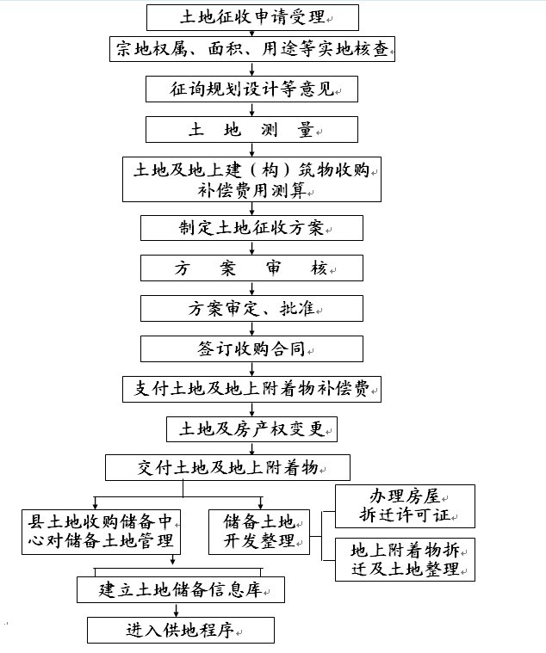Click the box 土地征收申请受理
coord(252,17)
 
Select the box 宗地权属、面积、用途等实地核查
coord(252,49)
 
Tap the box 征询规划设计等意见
coord(251,89)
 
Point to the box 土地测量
coord(251,130)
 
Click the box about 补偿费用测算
coord(251,180)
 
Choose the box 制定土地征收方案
coord(251,228)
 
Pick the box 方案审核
coord(251,268)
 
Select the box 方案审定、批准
coord(251,308)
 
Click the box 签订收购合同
coord(251,348)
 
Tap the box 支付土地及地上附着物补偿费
coord(251,389)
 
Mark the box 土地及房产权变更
coord(251,429)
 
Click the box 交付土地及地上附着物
coord(227,468)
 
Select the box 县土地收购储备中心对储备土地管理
coord(101,532)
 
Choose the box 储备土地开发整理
coord(259,532)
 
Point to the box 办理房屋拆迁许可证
coord(405,506)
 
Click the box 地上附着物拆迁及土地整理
coord(405,559)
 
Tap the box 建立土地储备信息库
coord(181,589)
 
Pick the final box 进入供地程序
coord(181,630)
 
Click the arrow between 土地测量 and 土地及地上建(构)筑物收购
coord(251,150)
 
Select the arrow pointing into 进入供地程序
coord(177,610)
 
